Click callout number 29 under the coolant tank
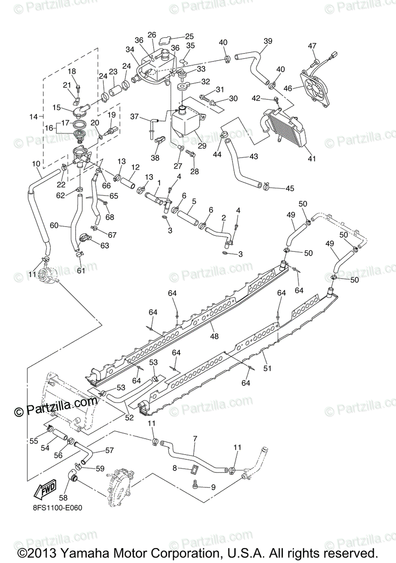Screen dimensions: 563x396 pyautogui.click(x=202, y=146)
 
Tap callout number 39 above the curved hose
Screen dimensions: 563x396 pyautogui.click(x=268, y=41)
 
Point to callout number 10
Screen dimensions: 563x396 pyautogui.click(x=36, y=164)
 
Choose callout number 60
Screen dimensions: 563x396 pyautogui.click(x=54, y=226)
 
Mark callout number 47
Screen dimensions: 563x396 pyautogui.click(x=312, y=46)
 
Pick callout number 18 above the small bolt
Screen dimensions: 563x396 pyautogui.click(x=72, y=71)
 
